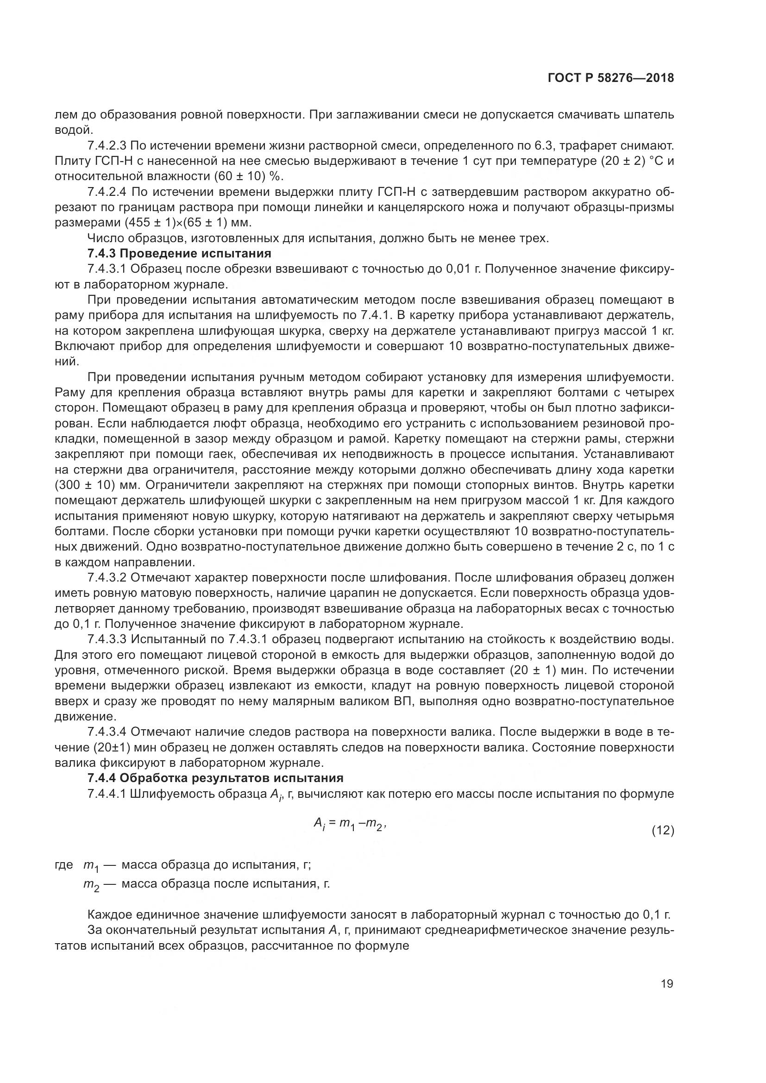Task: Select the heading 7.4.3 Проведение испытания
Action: [x=179, y=253]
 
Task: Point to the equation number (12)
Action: [x=663, y=831]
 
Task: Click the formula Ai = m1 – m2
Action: [x=350, y=824]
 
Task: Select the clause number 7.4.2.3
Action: [x=107, y=146]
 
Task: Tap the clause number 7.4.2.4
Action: [x=107, y=192]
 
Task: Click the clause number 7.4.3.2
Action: [x=107, y=577]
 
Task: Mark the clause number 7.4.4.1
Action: [x=107, y=794]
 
